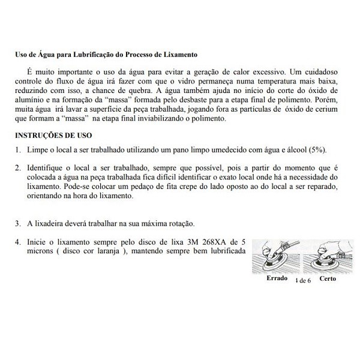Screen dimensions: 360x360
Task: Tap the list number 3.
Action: pyautogui.click(x=17, y=223)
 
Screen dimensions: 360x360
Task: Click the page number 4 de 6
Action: pyautogui.click(x=303, y=280)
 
